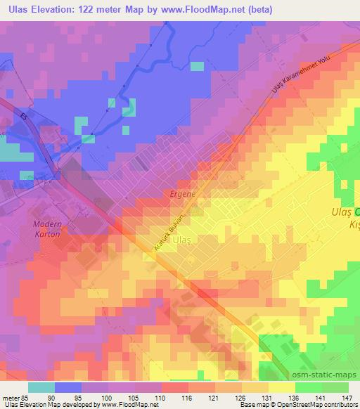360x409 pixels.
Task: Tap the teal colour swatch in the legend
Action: click(x=42, y=387)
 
